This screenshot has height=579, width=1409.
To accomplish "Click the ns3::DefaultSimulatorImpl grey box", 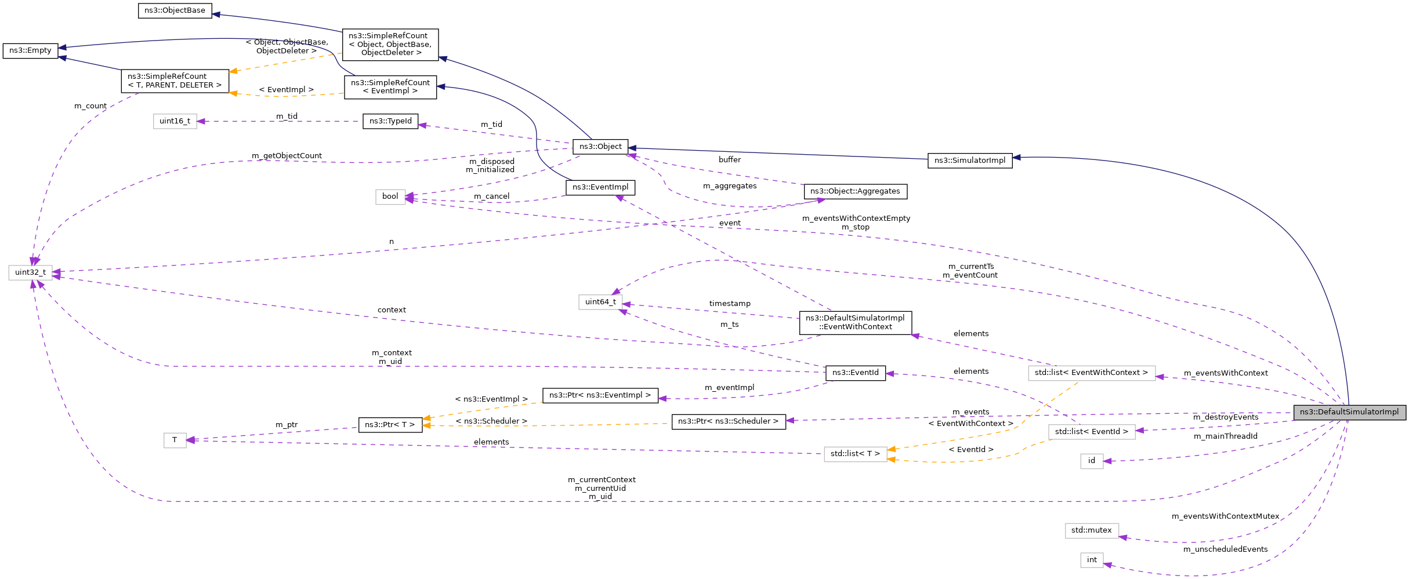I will [x=1349, y=412].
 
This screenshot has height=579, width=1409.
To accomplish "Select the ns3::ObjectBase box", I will [x=175, y=10].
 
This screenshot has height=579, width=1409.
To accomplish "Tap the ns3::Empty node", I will [x=30, y=50].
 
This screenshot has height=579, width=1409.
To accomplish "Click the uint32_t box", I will [x=30, y=272].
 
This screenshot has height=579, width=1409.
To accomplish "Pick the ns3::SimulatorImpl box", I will [x=970, y=161].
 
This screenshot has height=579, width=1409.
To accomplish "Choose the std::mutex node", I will [x=1091, y=530].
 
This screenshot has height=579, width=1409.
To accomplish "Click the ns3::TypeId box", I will [x=390, y=121].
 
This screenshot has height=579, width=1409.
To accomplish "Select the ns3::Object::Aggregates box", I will [x=855, y=191].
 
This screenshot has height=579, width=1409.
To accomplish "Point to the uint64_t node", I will [x=600, y=302].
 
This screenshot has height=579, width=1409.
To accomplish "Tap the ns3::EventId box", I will [x=856, y=373].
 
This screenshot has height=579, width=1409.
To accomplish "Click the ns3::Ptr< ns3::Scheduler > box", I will [x=729, y=421].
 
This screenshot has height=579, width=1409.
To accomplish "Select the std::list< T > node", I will [x=855, y=454].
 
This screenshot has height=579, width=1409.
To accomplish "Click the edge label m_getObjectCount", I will [x=287, y=156].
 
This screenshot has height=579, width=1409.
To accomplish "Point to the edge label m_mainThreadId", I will [x=1225, y=436].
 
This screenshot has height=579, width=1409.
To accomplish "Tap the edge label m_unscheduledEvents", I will [x=1225, y=549].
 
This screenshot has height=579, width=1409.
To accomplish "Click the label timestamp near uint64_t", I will [x=730, y=304].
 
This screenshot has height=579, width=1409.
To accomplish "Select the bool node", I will [x=390, y=196].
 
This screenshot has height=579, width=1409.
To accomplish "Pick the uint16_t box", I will [x=175, y=121].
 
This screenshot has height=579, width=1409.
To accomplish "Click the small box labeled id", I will [x=1091, y=461].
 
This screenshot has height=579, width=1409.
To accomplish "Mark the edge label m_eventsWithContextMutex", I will [x=1225, y=516].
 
